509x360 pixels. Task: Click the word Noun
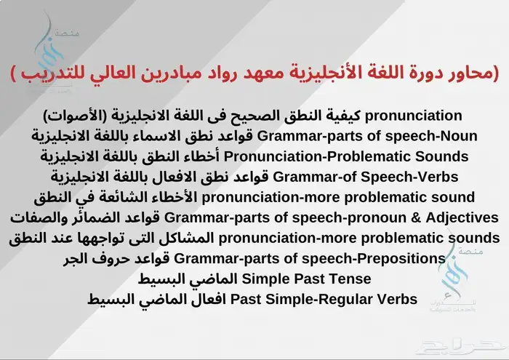click(x=459, y=135)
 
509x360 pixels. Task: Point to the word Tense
click(x=351, y=279)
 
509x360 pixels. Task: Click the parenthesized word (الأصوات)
click(x=73, y=115)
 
